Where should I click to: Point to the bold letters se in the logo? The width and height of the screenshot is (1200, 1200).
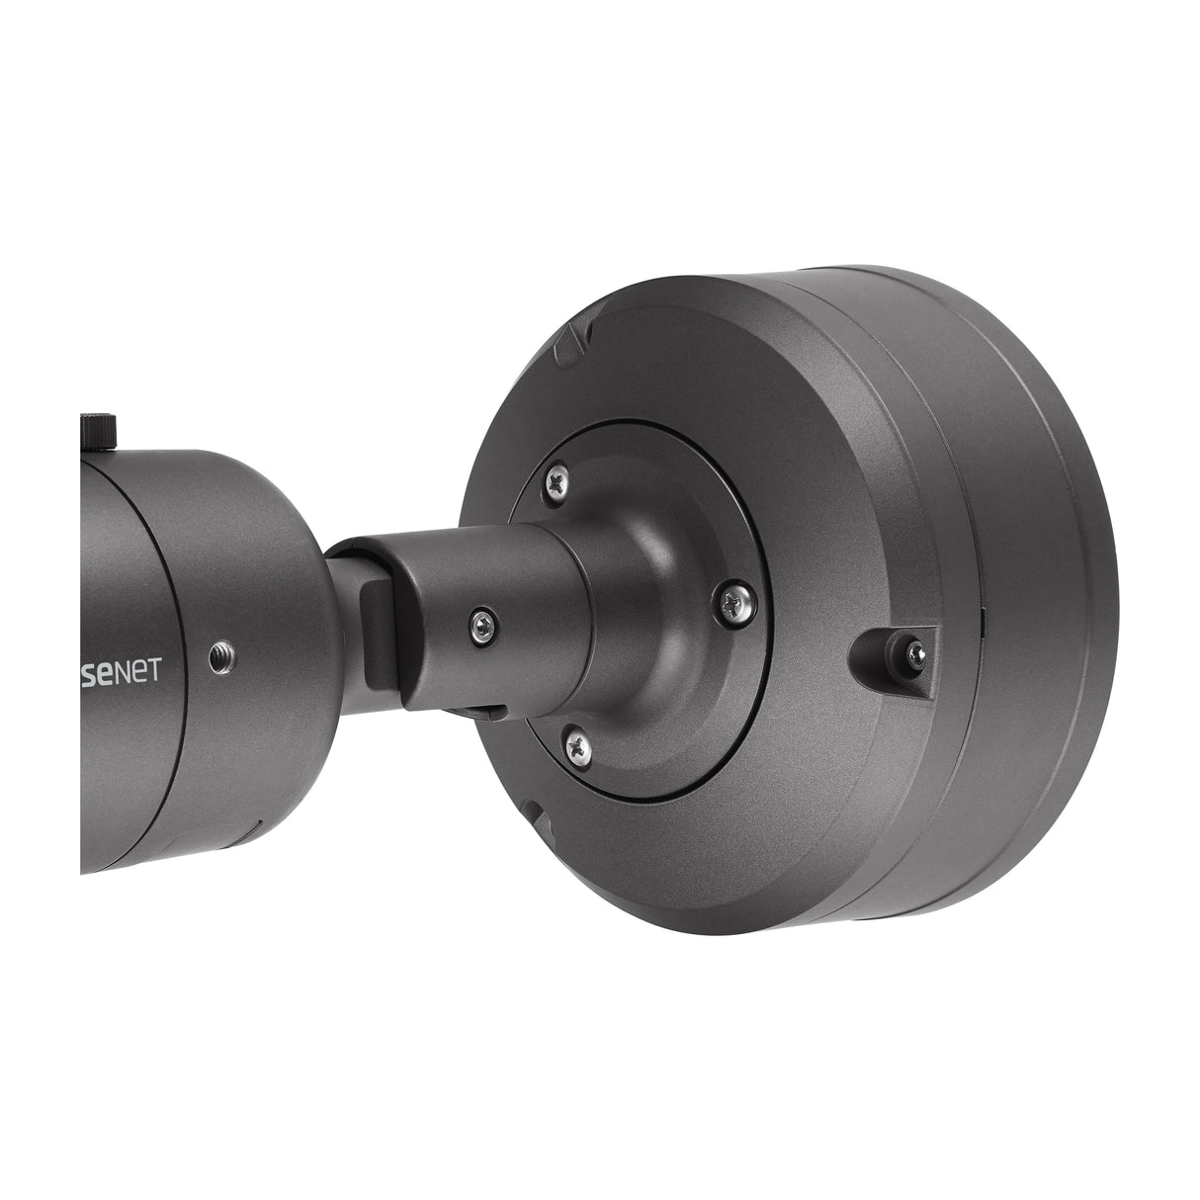coord(112,667)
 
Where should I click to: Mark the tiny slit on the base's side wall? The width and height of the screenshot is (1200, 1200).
coord(983,623)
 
